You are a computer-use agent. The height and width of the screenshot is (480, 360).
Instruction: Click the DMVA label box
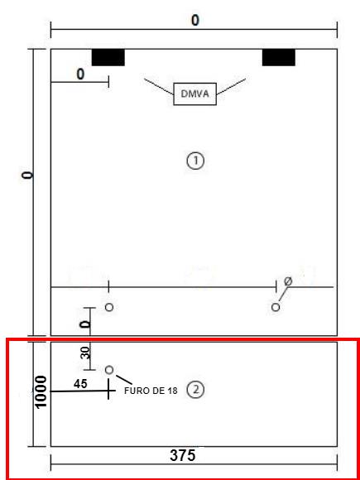click(x=195, y=94)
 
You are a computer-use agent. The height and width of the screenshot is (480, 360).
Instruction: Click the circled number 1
click(x=195, y=161)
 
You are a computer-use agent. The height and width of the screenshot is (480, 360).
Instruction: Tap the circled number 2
click(x=195, y=390)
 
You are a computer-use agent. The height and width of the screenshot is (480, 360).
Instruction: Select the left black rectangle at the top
click(x=108, y=57)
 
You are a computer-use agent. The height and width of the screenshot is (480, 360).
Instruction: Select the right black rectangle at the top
click(x=279, y=57)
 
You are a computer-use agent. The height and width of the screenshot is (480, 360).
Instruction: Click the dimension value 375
click(x=182, y=455)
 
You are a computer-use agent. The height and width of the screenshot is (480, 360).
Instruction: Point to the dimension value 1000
click(x=41, y=391)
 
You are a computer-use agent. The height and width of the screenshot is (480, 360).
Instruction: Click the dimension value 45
click(x=80, y=384)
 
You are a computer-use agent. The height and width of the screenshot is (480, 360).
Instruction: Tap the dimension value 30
click(x=86, y=353)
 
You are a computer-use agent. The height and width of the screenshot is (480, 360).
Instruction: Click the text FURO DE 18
click(x=151, y=391)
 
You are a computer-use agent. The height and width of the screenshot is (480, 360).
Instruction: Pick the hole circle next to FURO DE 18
click(x=109, y=370)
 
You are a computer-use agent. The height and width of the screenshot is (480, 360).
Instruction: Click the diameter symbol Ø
click(x=288, y=281)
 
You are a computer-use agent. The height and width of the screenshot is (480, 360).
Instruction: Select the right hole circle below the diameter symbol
click(x=276, y=307)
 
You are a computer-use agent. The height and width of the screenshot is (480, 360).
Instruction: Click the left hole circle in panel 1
click(x=109, y=307)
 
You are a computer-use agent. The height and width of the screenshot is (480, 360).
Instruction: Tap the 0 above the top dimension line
click(x=195, y=21)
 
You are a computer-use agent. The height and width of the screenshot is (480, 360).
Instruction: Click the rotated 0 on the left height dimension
click(x=28, y=175)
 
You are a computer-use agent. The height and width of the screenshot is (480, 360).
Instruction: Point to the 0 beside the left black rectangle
click(x=80, y=74)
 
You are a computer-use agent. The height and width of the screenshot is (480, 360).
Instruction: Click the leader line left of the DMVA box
click(x=159, y=86)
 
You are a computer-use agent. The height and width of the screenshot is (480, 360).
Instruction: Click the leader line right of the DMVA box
click(x=231, y=86)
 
